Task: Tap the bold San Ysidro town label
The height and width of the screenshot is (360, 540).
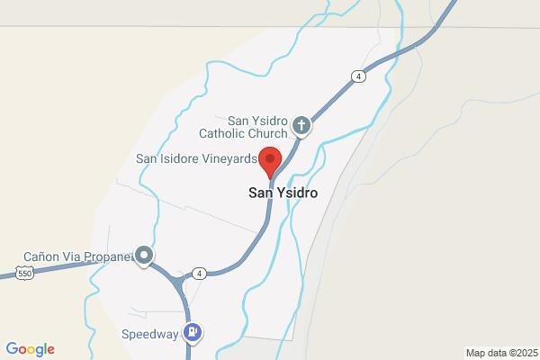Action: coord(283,193)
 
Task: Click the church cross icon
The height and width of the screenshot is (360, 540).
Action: coord(302,127)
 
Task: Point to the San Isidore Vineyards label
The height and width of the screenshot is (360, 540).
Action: coord(197,159)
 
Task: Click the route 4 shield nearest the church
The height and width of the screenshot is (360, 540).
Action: coord(359,76)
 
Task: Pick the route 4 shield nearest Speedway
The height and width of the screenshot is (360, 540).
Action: coord(199,273)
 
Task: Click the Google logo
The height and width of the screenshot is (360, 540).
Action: coord(30,349)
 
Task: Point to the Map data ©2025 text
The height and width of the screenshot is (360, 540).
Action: coord(500,352)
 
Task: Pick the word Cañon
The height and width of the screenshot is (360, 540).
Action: coord(42,256)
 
